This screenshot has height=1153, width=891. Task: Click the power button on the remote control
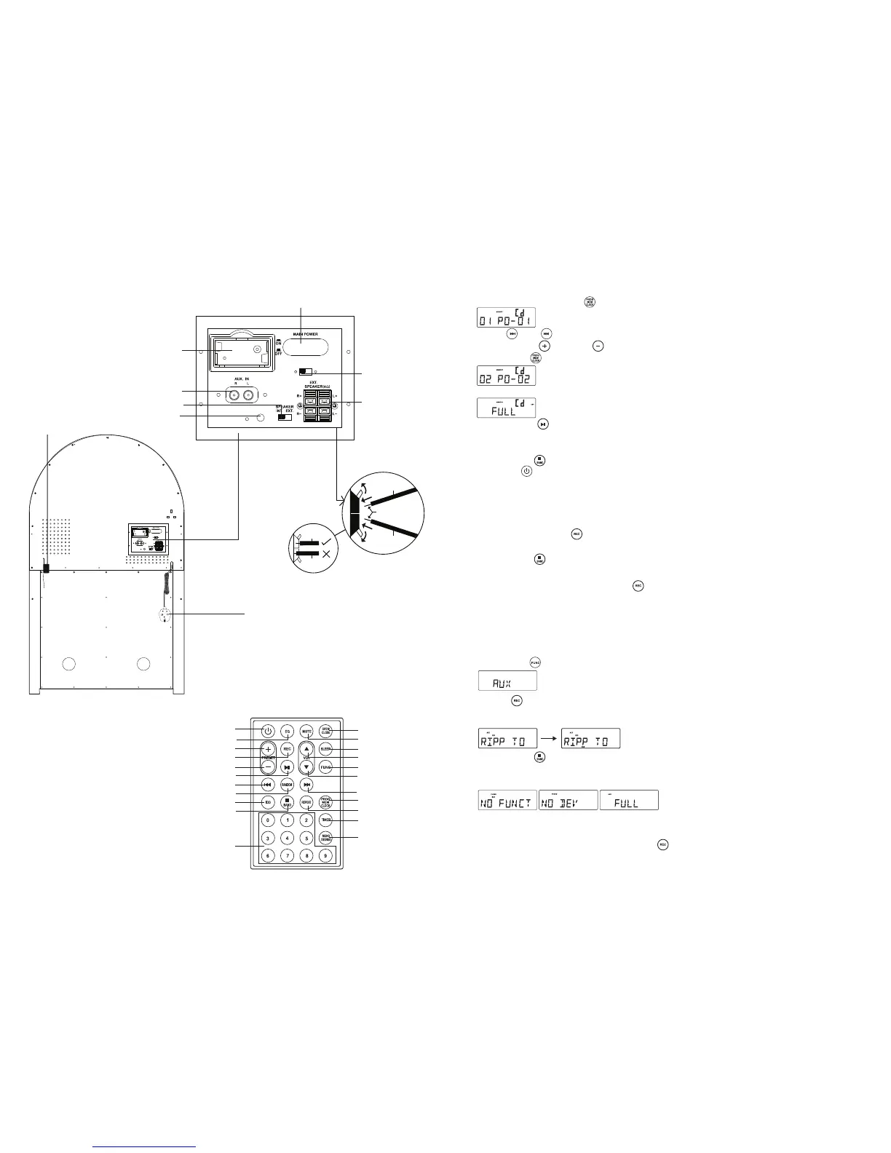[268, 731]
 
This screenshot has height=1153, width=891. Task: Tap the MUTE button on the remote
[306, 731]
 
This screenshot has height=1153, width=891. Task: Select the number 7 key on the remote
[288, 855]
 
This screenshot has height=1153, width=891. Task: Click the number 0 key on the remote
[268, 820]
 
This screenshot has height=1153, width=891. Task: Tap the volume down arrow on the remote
[306, 767]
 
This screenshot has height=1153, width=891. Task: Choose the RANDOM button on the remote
[288, 785]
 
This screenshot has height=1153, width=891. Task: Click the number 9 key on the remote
[326, 855]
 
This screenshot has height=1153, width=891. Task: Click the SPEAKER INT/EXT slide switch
[285, 417]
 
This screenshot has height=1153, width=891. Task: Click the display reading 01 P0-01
[506, 317]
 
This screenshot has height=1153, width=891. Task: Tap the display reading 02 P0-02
[506, 376]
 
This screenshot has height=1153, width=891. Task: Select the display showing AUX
[507, 681]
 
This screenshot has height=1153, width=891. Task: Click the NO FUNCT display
[507, 800]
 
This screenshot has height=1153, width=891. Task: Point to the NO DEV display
[568, 800]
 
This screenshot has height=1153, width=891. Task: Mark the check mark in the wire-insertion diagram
[325, 542]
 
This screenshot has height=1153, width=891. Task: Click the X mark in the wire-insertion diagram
[325, 554]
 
